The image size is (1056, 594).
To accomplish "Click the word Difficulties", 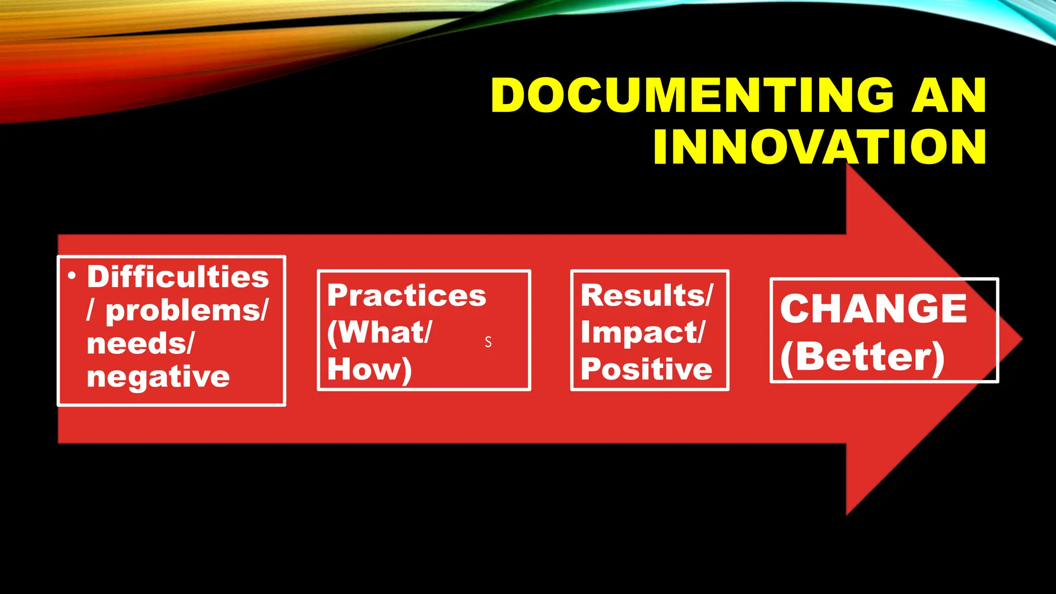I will pos(178,277).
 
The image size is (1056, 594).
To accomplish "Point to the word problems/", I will pos(187,311).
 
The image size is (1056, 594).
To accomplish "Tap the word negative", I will pos(158,376).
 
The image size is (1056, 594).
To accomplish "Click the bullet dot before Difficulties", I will pos(72,276).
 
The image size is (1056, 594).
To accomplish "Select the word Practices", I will pos(406,295).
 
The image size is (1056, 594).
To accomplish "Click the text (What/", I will pos(379,333).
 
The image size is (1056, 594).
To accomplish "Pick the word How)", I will pos(369,369).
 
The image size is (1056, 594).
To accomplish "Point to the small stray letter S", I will pos(488,342).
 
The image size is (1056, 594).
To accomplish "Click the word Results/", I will pos(647,295).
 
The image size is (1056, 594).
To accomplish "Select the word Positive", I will pos(647,369).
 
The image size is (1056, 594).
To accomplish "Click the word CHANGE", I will pos(873,309).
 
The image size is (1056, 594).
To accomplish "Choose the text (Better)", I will pos(862,357).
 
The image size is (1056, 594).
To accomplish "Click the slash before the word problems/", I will pos(91,311).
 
